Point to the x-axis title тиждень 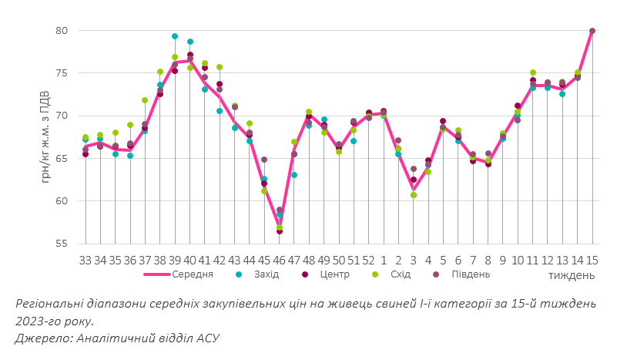tap(571, 274)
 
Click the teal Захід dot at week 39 tap(175, 36)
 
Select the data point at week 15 tap(592, 31)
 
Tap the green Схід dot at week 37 tap(145, 100)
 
